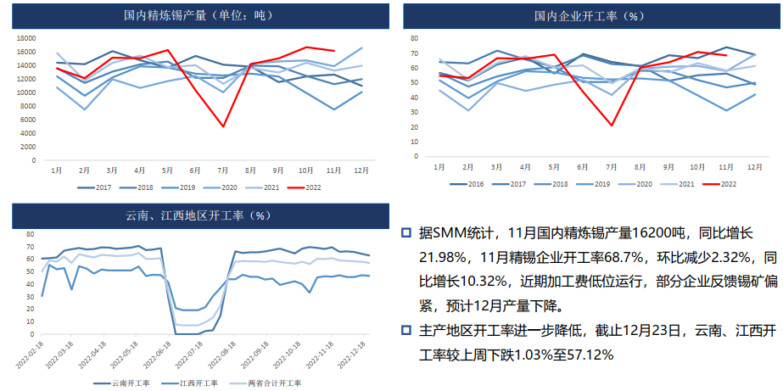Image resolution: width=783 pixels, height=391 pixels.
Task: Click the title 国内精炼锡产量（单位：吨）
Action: point(199,15)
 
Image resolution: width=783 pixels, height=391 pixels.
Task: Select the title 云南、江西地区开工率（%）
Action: point(197,215)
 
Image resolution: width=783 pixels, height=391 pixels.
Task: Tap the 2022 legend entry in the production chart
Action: point(306,187)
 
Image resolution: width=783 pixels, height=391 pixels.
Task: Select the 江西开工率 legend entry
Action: point(199,383)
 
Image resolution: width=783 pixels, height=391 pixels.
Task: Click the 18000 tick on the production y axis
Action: point(25,38)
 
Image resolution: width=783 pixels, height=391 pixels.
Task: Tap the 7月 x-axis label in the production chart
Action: point(223,170)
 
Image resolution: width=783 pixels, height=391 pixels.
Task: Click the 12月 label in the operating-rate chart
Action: point(753,165)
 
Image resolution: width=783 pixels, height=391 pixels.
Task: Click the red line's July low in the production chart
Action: point(223,126)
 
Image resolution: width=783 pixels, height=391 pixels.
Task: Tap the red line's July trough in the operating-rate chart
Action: point(612,126)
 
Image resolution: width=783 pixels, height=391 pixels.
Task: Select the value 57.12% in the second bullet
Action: point(586,355)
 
